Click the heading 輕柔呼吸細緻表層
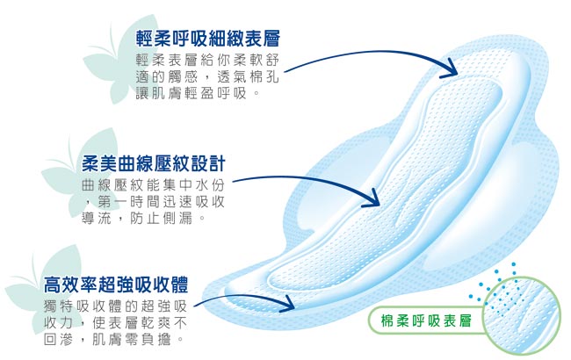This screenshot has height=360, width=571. click(208, 39)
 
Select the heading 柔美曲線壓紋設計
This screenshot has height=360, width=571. click(154, 163)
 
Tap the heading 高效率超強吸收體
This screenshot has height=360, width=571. click(116, 284)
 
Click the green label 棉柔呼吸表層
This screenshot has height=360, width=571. click(426, 320)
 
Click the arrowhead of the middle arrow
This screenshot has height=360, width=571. click(372, 199)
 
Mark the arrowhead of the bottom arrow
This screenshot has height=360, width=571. click(288, 304)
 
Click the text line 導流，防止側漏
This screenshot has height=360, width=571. click(142, 218)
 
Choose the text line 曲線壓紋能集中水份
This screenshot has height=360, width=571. click(154, 185)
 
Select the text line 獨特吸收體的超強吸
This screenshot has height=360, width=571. click(115, 306)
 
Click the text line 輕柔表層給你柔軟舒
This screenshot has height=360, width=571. click(207, 61)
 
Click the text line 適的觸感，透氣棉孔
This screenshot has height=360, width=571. click(207, 77)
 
